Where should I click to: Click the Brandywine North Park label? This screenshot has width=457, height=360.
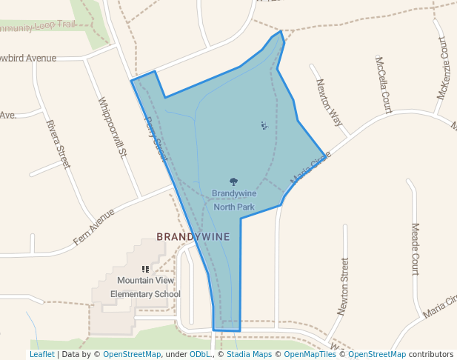click(234, 200)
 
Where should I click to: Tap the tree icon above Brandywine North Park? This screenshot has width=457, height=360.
click(234, 181)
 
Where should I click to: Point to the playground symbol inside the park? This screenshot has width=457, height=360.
click(264, 125)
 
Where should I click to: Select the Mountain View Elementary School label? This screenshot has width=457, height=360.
click(145, 287)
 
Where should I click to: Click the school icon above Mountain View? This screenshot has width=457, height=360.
click(145, 269)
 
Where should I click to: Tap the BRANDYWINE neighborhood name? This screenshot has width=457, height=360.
click(193, 237)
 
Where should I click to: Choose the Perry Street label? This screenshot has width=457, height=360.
click(156, 139)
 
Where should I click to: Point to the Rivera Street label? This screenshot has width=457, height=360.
click(58, 144)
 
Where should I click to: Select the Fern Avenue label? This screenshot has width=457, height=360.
click(94, 227)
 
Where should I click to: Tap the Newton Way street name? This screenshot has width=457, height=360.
click(329, 103)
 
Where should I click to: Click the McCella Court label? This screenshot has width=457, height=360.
click(383, 84)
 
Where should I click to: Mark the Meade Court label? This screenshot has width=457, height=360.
click(415, 249)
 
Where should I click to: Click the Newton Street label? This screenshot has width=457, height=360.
click(342, 284)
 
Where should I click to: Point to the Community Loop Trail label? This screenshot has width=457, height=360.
click(37, 26)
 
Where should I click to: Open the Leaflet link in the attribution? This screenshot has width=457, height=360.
click(41, 354)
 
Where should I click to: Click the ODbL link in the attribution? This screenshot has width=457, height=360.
click(201, 354)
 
